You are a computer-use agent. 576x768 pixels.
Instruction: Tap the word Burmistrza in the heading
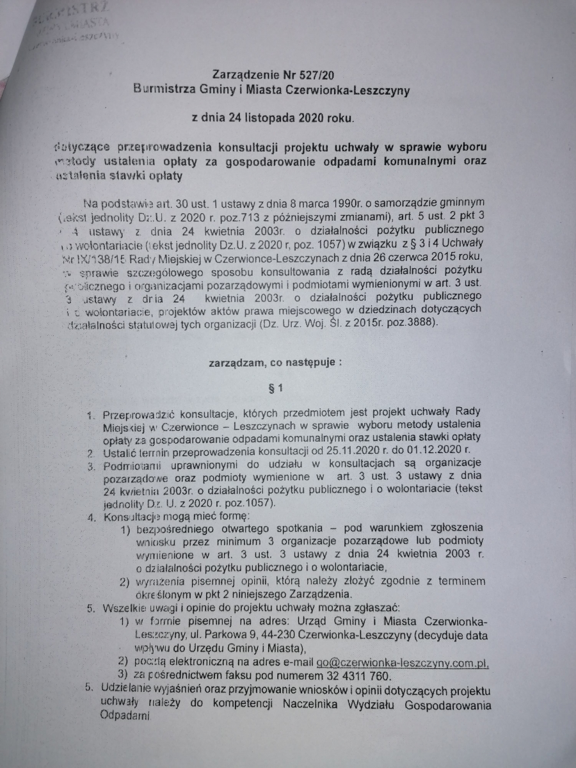click(169, 90)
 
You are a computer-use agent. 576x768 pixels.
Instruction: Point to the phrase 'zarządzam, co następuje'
click(275, 361)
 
